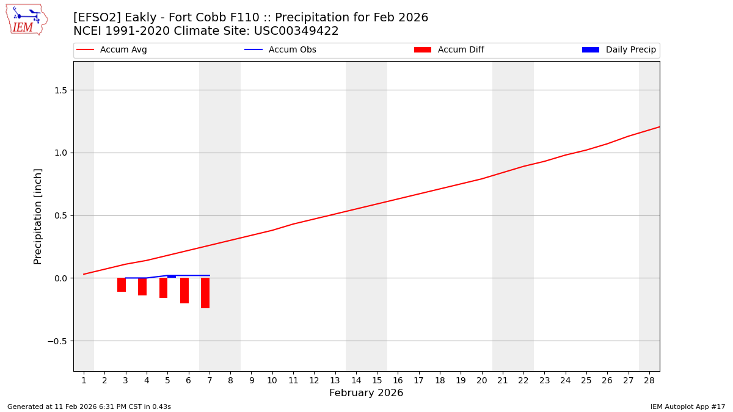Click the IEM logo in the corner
26,19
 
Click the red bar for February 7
205,293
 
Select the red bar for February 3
122,285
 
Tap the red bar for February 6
184,291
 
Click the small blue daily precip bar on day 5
172,277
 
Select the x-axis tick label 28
649,381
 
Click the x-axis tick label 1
84,381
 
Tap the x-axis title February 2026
366,393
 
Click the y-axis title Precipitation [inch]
38,216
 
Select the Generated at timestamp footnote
89,407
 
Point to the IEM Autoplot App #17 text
687,407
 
